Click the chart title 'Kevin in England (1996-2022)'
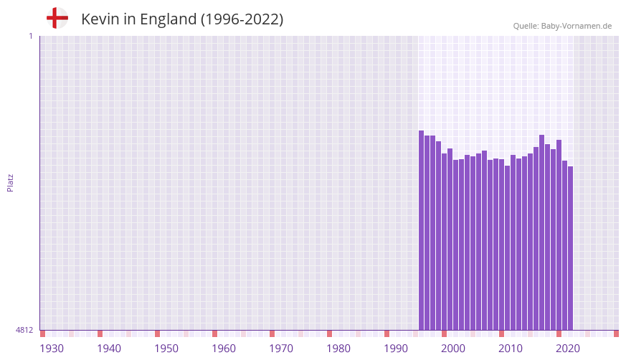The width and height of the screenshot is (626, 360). coord(182,19)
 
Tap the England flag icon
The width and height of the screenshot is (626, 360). coord(57,18)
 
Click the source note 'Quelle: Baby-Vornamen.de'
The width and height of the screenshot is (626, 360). coord(562,26)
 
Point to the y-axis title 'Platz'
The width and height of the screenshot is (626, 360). coord(10,182)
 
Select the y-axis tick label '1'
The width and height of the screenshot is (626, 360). coord(30,36)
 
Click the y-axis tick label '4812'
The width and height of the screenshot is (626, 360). coord(24,330)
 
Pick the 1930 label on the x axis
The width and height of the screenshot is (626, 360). coord(52,349)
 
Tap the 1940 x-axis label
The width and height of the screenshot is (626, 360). coord(109,349)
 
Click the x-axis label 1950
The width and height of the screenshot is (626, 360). coord(166,349)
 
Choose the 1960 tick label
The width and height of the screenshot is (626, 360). coord(224,349)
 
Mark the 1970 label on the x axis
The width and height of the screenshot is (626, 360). coord(281,349)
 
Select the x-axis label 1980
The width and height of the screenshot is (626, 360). coord(338,349)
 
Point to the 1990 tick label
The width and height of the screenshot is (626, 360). coord(396,349)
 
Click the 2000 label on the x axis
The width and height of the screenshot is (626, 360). coord(453,349)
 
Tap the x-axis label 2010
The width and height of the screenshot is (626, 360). coord(511,349)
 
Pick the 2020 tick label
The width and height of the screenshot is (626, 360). coord(568,349)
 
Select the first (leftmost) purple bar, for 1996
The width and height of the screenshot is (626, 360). coord(422,229)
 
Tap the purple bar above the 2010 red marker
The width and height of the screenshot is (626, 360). coord(502,244)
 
